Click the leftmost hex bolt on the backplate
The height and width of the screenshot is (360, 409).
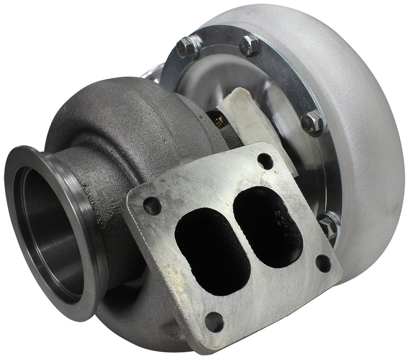[186, 47]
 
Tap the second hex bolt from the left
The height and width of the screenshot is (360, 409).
[251, 45]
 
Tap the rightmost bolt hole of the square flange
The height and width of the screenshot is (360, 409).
[323, 262]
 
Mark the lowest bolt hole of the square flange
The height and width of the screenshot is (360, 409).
[214, 322]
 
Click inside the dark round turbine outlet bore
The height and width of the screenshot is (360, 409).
[49, 235]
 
